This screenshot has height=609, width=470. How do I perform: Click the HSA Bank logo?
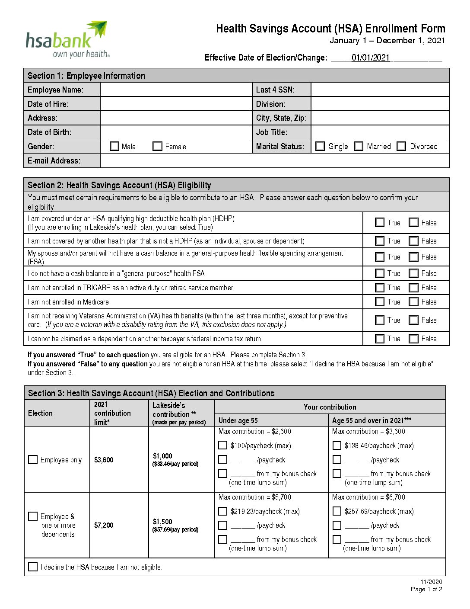tap(67, 40)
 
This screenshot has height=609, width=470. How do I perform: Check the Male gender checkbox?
tap(114, 147)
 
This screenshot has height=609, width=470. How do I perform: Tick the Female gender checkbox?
tap(158, 147)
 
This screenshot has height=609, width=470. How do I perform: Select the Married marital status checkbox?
tap(359, 146)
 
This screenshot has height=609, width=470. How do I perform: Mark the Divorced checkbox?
tap(401, 146)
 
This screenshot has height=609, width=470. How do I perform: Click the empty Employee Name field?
tap(176, 90)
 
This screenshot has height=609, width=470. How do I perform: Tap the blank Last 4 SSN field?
tap(380, 90)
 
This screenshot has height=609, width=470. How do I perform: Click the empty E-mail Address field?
tap(274, 160)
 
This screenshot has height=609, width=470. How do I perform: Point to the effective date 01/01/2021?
tap(371, 58)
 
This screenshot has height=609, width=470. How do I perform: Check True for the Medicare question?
tap(380, 302)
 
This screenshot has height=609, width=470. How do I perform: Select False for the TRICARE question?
tap(414, 288)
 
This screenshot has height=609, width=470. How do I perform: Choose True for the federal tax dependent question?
tap(380, 339)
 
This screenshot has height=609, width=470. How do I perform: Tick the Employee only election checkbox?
tap(33, 459)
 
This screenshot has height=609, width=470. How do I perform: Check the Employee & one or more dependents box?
tap(33, 516)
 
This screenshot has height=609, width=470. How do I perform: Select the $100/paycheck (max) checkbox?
tap(223, 445)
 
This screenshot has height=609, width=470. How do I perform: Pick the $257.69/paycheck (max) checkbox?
tap(337, 511)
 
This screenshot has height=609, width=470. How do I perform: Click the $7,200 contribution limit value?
tap(104, 525)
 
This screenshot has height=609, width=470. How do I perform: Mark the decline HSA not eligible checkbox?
tap(33, 567)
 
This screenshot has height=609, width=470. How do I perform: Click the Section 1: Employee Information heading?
tap(86, 76)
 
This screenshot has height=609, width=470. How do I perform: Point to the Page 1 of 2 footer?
tap(426, 589)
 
